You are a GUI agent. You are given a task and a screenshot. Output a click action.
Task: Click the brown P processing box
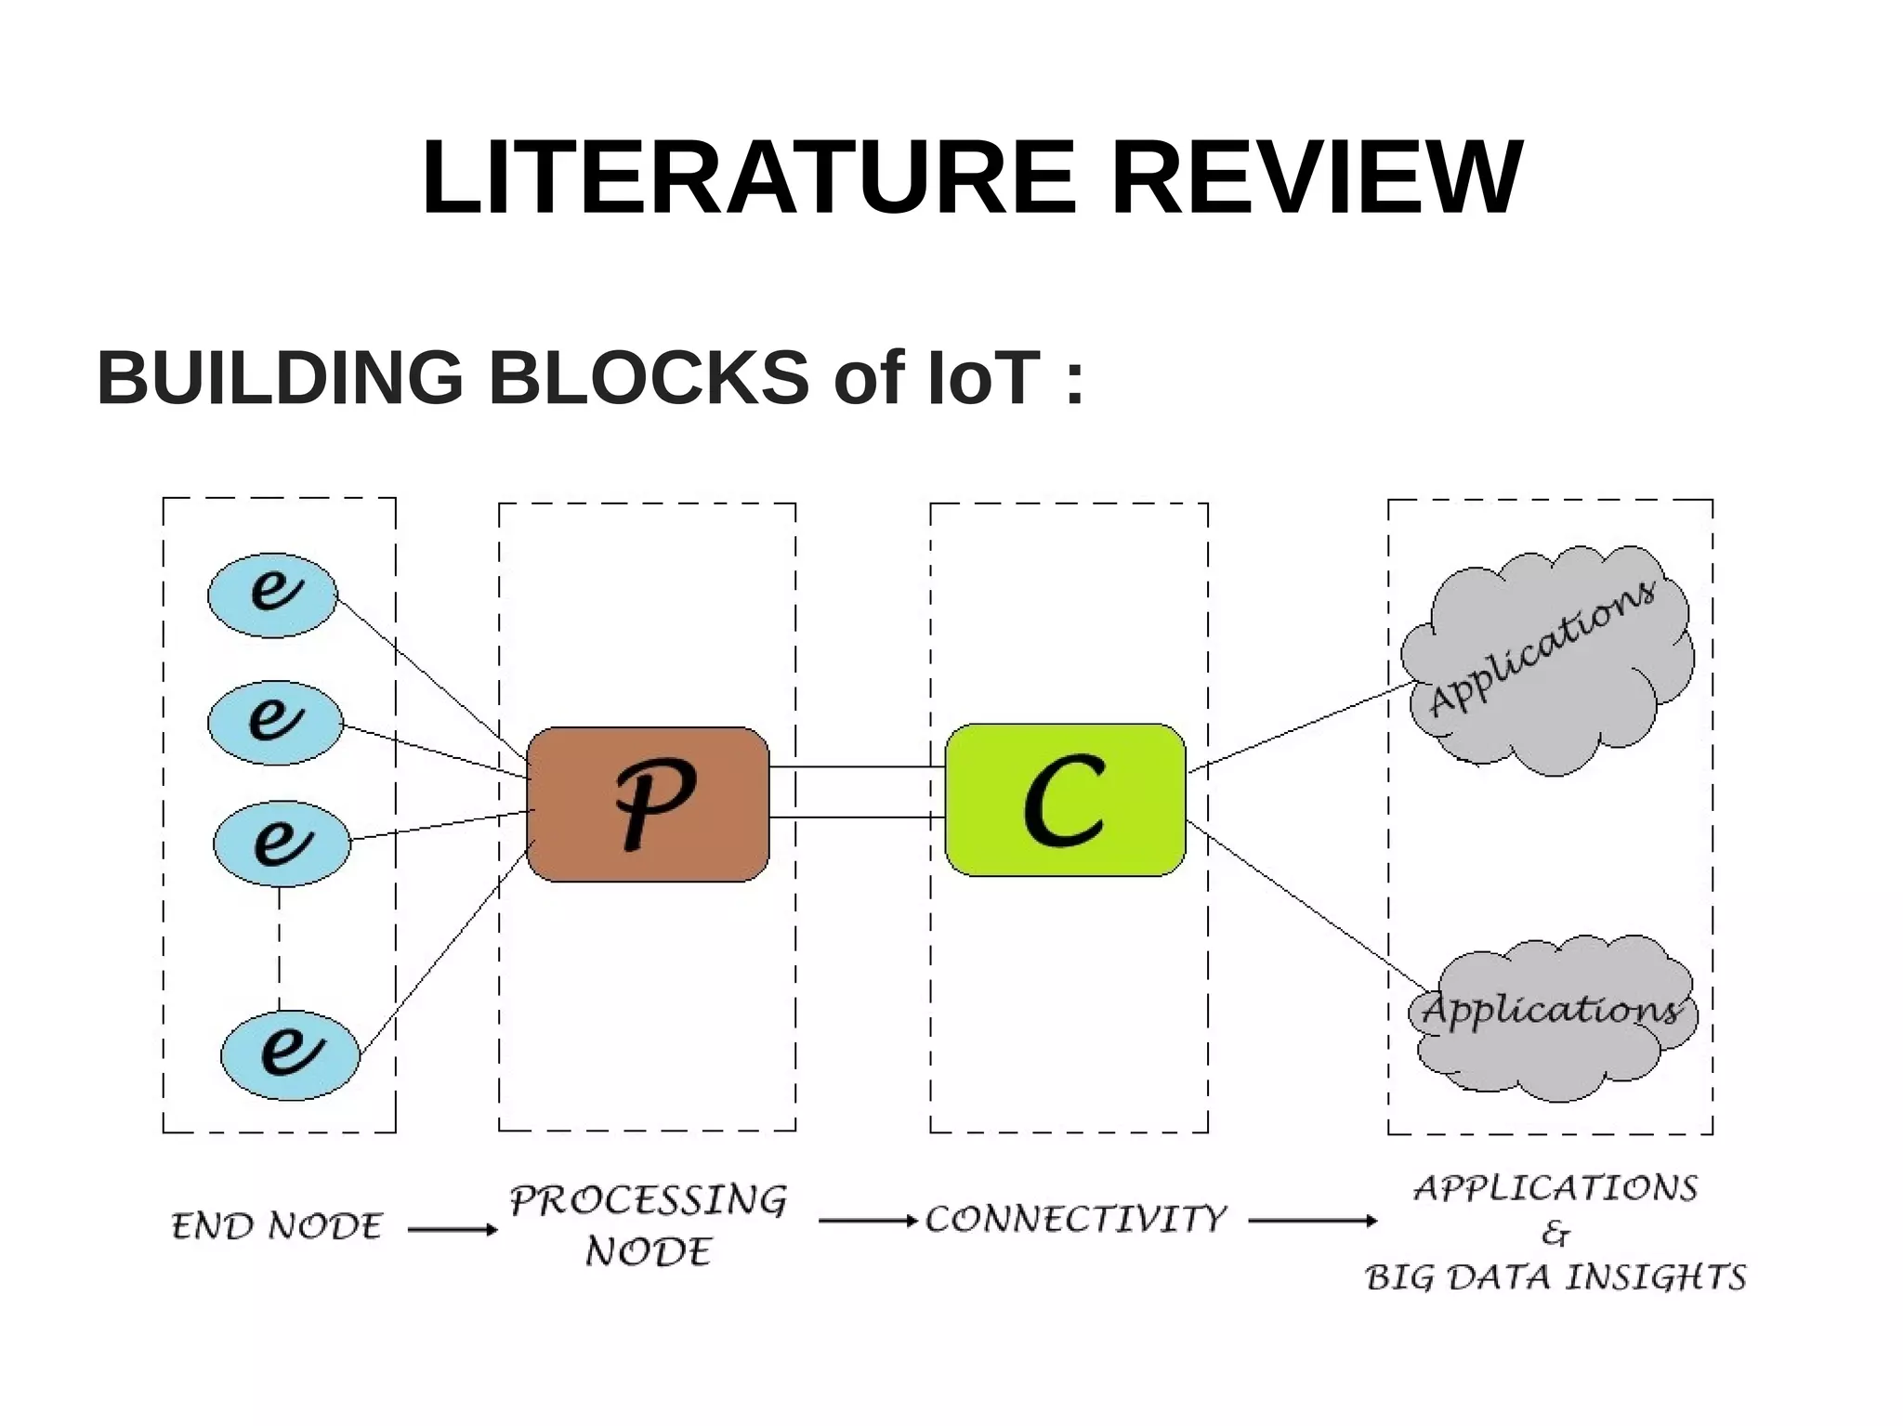click(x=648, y=804)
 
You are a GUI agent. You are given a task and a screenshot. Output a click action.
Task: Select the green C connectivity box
click(x=1065, y=800)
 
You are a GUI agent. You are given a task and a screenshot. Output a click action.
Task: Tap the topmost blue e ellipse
click(x=272, y=595)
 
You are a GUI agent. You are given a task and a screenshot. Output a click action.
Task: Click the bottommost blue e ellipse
click(x=290, y=1054)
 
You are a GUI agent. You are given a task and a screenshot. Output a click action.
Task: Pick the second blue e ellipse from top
click(x=275, y=722)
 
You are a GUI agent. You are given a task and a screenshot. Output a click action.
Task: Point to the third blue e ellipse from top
click(x=282, y=844)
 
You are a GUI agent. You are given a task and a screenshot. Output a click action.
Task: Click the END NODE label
click(x=277, y=1227)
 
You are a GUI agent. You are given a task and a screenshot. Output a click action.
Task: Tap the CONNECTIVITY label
click(x=1076, y=1220)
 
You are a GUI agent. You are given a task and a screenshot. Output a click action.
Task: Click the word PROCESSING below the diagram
click(x=648, y=1201)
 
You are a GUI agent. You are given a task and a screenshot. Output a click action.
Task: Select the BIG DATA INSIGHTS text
click(x=1555, y=1277)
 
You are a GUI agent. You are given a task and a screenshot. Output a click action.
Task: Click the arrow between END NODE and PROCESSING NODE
click(x=453, y=1230)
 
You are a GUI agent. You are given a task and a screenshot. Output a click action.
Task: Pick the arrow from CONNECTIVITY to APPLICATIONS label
click(x=1312, y=1221)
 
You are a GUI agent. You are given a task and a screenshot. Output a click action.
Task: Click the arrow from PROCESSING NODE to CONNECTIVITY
click(x=867, y=1221)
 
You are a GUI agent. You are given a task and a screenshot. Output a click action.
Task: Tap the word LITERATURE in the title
click(x=748, y=178)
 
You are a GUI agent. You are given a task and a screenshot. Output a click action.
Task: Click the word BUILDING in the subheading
click(x=280, y=378)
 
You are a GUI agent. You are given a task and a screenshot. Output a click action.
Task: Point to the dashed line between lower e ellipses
click(x=280, y=948)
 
